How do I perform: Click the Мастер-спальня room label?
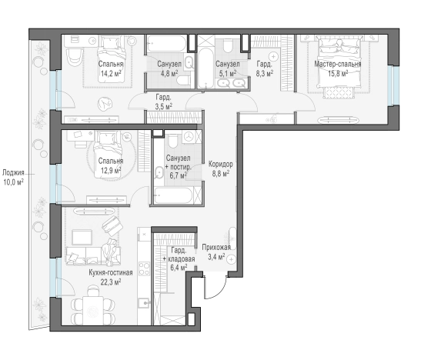[338, 65]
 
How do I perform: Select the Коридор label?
[220, 165]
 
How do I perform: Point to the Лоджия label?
[13, 173]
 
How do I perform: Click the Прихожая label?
[216, 248]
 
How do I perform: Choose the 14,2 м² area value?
[111, 73]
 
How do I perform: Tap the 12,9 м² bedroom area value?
[111, 170]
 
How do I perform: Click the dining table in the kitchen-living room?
[93, 311]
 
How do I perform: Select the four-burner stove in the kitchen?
[144, 268]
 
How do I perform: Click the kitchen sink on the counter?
[144, 303]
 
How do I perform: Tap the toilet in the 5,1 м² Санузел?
[228, 46]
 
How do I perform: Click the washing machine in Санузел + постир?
[189, 136]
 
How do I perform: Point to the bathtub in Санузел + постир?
[174, 195]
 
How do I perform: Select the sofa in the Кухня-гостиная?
[93, 256]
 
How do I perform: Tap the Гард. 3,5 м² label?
[164, 102]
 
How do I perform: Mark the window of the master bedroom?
[396, 85]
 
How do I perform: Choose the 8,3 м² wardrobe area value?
[265, 73]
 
